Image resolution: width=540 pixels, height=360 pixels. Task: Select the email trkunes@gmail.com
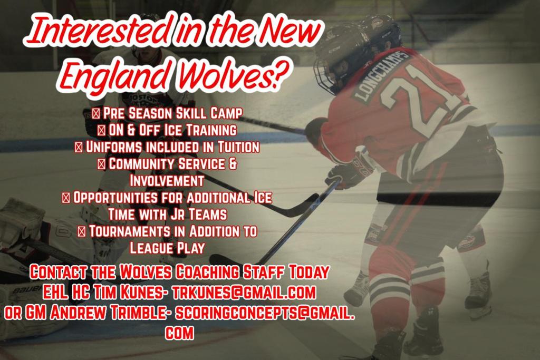click(243, 292)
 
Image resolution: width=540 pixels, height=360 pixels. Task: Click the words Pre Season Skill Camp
click(172, 113)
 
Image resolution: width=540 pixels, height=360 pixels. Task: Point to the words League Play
click(167, 248)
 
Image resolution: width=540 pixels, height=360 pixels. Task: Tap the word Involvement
click(167, 180)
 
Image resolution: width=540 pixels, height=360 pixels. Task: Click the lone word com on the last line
click(179, 333)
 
